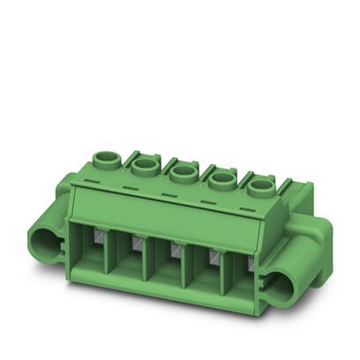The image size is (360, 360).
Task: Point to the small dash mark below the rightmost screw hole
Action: tap(246, 208)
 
